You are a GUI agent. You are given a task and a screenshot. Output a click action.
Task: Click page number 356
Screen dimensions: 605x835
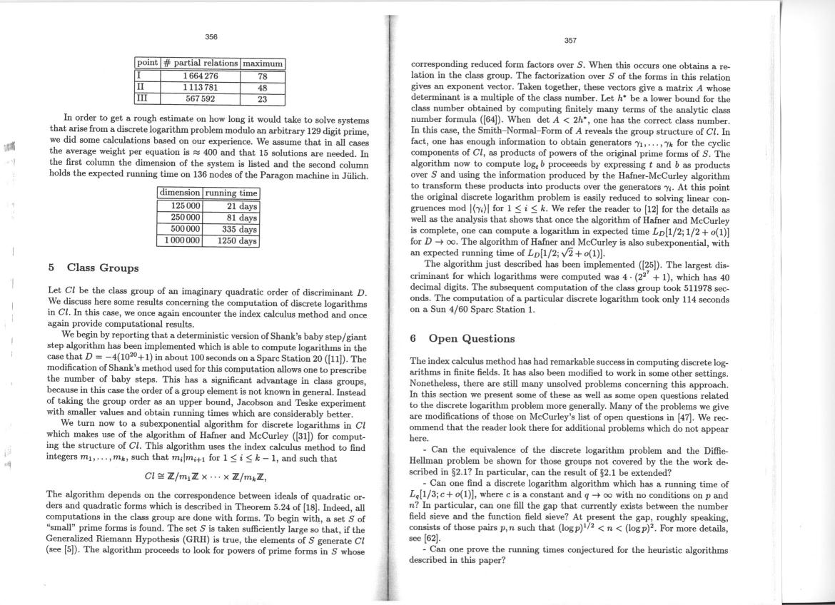click(x=211, y=36)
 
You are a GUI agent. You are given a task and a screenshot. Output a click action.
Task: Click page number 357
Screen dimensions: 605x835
click(x=570, y=41)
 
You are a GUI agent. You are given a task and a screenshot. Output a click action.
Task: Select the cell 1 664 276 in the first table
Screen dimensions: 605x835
click(x=201, y=76)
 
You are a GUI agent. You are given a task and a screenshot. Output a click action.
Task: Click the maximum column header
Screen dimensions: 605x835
click(x=263, y=63)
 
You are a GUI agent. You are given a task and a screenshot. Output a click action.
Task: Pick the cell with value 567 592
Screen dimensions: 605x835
click(x=201, y=99)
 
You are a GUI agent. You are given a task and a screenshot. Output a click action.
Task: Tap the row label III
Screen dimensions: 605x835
click(x=142, y=99)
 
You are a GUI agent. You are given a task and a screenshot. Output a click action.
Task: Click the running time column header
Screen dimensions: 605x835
click(x=231, y=193)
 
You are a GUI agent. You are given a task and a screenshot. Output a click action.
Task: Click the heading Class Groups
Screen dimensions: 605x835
click(x=103, y=268)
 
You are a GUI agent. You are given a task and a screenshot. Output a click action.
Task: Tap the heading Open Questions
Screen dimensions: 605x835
click(x=471, y=338)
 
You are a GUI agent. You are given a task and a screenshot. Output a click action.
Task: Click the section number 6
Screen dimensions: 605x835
click(x=415, y=338)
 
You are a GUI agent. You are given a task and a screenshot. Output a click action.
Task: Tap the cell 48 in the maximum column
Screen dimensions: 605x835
click(x=262, y=88)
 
